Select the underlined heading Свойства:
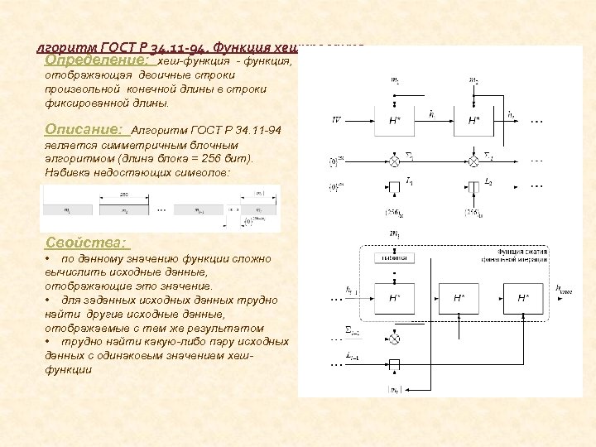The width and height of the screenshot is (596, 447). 86,243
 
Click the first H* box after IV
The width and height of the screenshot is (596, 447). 395,120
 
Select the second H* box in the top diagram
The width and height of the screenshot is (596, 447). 473,120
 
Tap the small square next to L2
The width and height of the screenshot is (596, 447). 473,185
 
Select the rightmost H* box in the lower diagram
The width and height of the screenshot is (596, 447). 523,297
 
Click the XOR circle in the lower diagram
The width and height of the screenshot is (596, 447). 395,338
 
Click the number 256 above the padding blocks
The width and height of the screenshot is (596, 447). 124,193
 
